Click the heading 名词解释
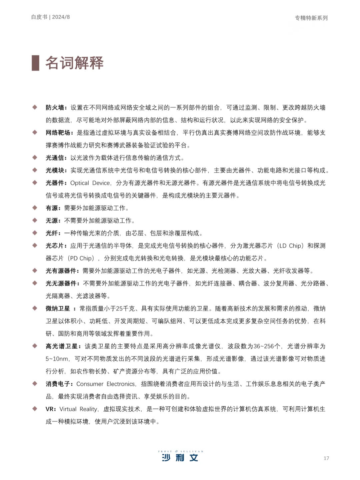(x=74, y=63)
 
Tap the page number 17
(x=326, y=458)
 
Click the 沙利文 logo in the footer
(x=180, y=456)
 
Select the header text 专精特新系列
(x=311, y=18)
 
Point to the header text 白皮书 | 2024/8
(x=50, y=17)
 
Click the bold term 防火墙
(x=55, y=107)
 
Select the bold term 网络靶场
(x=58, y=133)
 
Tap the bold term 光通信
(x=55, y=158)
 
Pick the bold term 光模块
(x=55, y=170)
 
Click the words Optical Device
(x=90, y=183)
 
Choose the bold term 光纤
(x=52, y=233)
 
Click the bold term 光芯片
(x=55, y=246)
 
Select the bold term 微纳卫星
(x=58, y=309)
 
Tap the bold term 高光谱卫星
(x=62, y=346)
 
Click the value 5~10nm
(x=57, y=359)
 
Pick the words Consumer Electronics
(x=106, y=384)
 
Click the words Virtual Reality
(x=78, y=409)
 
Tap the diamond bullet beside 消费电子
(x=35, y=384)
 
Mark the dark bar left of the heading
(x=35, y=63)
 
